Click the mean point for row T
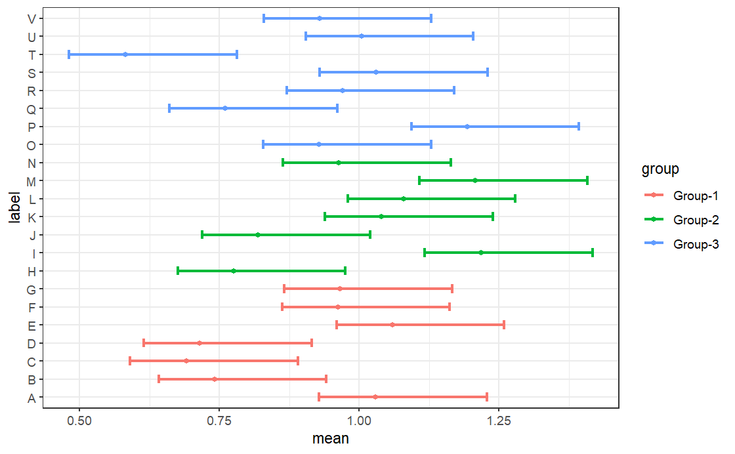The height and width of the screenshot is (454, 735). coord(125,54)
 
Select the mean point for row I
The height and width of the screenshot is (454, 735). coord(481,253)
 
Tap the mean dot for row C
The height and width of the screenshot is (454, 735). coord(186,361)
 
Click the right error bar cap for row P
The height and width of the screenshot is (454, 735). coord(579,126)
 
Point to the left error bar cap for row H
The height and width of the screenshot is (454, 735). coord(178,270)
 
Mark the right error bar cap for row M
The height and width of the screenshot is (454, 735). coord(587,180)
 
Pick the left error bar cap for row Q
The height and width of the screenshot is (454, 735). coord(169,108)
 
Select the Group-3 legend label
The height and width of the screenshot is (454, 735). coord(696,244)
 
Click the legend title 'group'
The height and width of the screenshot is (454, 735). coord(660,170)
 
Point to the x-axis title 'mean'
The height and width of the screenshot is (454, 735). coord(331,439)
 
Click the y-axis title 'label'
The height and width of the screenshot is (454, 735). coord(14,207)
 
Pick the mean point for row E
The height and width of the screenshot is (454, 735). coord(392,325)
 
